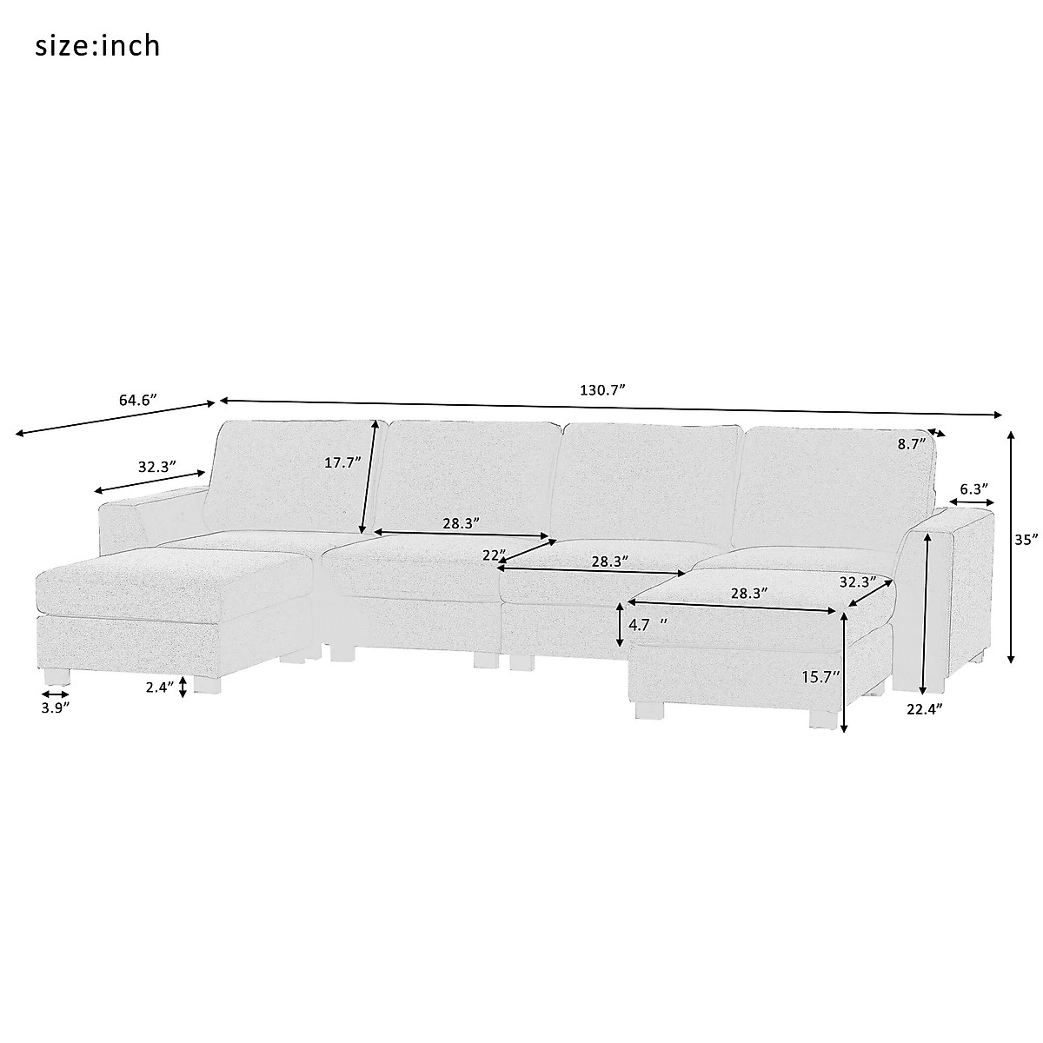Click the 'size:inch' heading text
pos(97,45)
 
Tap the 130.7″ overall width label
pos(603,390)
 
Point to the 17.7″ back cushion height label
pos(342,462)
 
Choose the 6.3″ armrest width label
pos(973,489)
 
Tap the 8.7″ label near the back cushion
pos(910,444)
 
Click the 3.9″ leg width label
pos(54,708)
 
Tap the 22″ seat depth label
pos(494,555)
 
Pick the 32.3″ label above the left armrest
pos(157,466)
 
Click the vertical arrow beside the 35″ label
pos(1011,547)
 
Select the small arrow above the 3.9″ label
pos(55,694)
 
